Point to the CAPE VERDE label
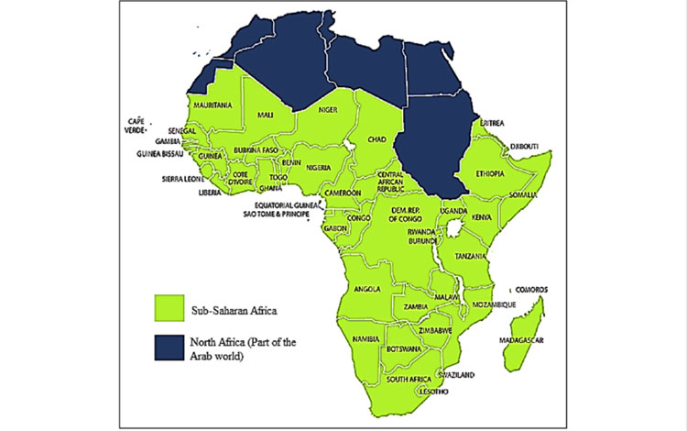click(x=136, y=126)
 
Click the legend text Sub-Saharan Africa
click(x=234, y=304)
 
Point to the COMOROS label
click(x=531, y=288)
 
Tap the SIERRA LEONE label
click(x=183, y=180)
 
